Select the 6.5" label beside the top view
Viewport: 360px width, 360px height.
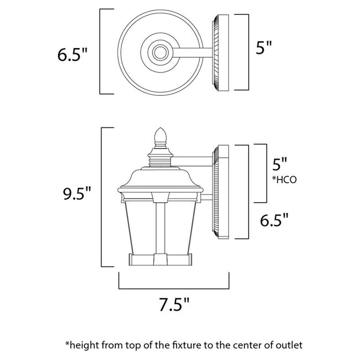click(74, 55)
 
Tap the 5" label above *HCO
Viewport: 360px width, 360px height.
click(280, 164)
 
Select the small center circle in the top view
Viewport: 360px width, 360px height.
click(160, 53)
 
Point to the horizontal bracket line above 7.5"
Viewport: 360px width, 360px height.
click(173, 288)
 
